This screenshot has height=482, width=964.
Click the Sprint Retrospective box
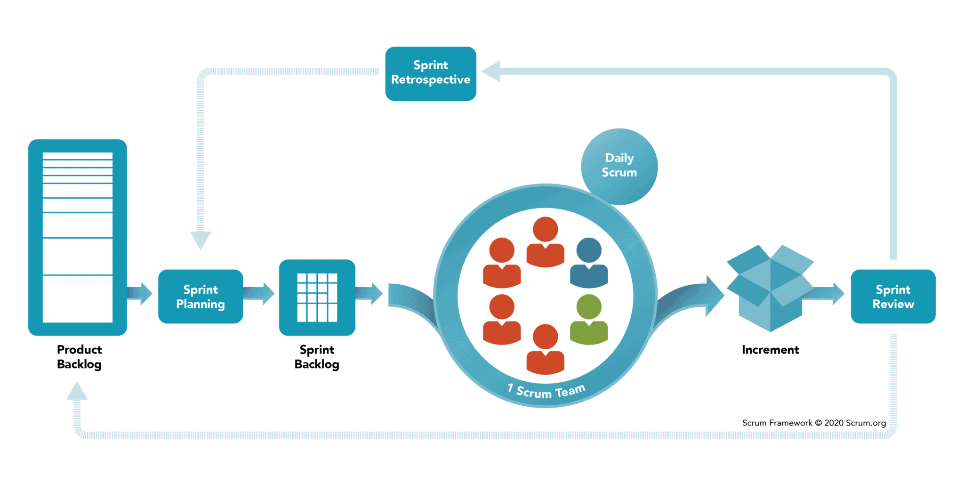coord(431,73)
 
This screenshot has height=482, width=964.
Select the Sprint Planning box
coord(201,297)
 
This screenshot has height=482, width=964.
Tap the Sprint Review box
coord(893,297)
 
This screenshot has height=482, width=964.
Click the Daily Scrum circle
coord(619,165)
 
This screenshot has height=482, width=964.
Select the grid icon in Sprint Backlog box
coord(317,297)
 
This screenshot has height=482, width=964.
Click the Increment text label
coord(770,350)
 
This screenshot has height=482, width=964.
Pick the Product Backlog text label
coord(79,357)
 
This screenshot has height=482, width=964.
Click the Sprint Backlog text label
coord(317,357)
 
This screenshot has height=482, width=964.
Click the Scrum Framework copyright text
coord(814,423)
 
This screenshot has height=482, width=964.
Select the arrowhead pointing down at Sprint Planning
coord(201,240)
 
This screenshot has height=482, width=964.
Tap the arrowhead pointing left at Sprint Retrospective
coord(491,72)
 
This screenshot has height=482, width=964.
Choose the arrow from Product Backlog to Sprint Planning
coord(140,294)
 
